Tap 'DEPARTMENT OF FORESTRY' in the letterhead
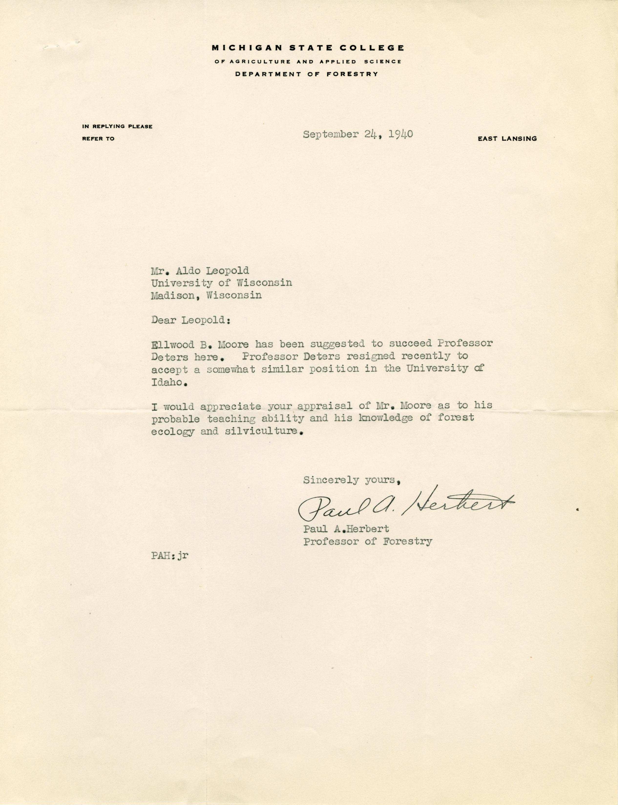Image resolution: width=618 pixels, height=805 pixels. tap(307, 74)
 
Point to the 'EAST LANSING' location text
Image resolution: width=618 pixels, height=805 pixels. tap(507, 139)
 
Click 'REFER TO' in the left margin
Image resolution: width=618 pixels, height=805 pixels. tap(98, 139)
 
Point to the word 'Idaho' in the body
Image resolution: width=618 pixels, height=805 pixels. tap(166, 382)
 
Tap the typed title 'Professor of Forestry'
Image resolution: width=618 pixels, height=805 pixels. tap(367, 541)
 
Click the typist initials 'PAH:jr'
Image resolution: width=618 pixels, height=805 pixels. tap(170, 566)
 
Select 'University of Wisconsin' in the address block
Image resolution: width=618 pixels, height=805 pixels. tap(221, 283)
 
